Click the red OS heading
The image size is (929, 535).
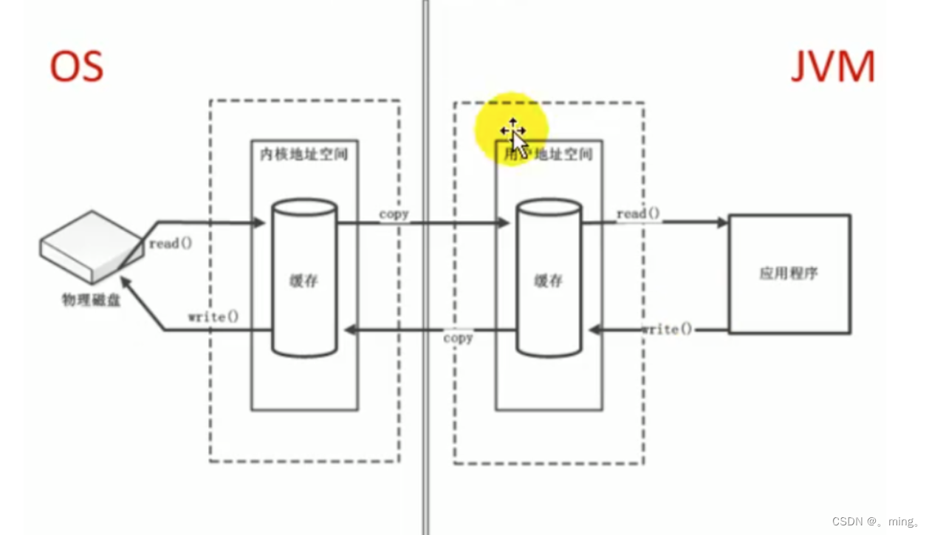[76, 67]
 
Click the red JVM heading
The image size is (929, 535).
[832, 68]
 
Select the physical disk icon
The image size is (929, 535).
[90, 247]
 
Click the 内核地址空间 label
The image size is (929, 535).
[304, 155]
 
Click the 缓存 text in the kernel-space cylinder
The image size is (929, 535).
[304, 281]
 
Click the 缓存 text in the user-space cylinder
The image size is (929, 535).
[548, 281]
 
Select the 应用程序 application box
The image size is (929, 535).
[789, 273]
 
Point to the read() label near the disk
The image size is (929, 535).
[170, 244]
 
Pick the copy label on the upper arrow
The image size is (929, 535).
[394, 214]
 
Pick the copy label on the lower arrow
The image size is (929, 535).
[458, 338]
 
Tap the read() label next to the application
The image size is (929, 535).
[639, 214]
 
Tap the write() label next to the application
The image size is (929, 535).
[667, 329]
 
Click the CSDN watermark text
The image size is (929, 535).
[875, 521]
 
